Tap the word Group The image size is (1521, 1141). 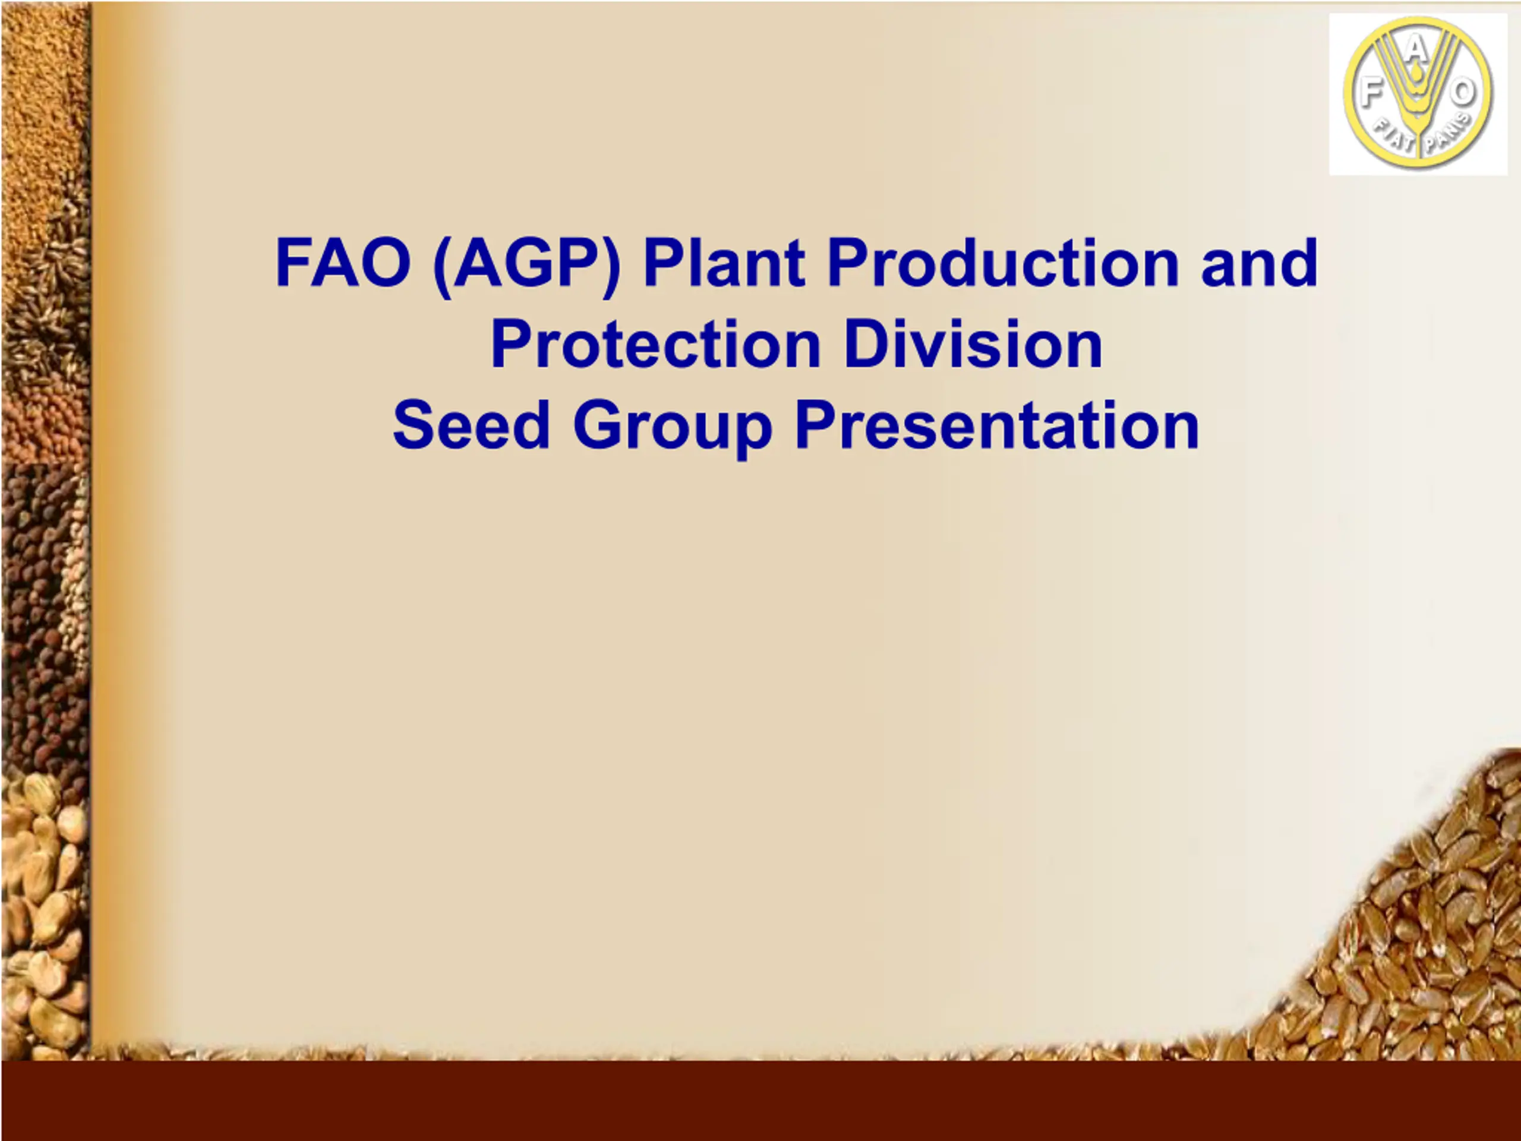point(673,429)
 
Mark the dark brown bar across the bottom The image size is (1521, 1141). point(760,1100)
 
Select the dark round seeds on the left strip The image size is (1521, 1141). point(34,619)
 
